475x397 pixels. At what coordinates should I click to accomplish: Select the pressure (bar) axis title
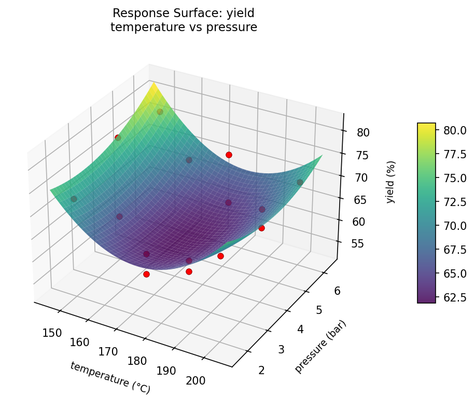coord(320,347)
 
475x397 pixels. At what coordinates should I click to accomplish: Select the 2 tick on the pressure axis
coord(261,369)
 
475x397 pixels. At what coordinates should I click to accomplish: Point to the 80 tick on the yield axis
coord(363,132)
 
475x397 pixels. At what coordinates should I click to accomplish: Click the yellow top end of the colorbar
coord(426,126)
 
